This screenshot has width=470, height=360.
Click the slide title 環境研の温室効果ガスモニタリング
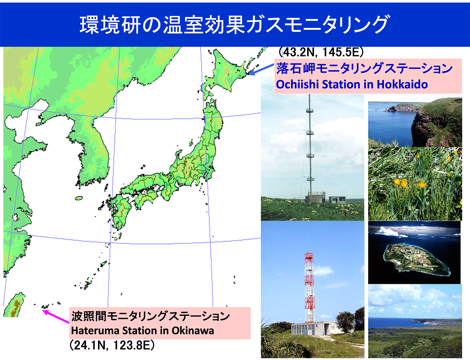[x=234, y=25]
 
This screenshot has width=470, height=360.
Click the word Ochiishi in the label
[x=297, y=85]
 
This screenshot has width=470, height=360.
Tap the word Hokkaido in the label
[x=402, y=85]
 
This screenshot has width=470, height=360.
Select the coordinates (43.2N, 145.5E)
[x=321, y=52]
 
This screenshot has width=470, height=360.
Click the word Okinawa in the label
[x=193, y=331]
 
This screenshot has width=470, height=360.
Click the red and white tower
[x=309, y=287]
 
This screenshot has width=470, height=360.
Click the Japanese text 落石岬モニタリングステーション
[x=364, y=68]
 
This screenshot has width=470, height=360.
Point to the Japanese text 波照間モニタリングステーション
[x=150, y=316]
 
